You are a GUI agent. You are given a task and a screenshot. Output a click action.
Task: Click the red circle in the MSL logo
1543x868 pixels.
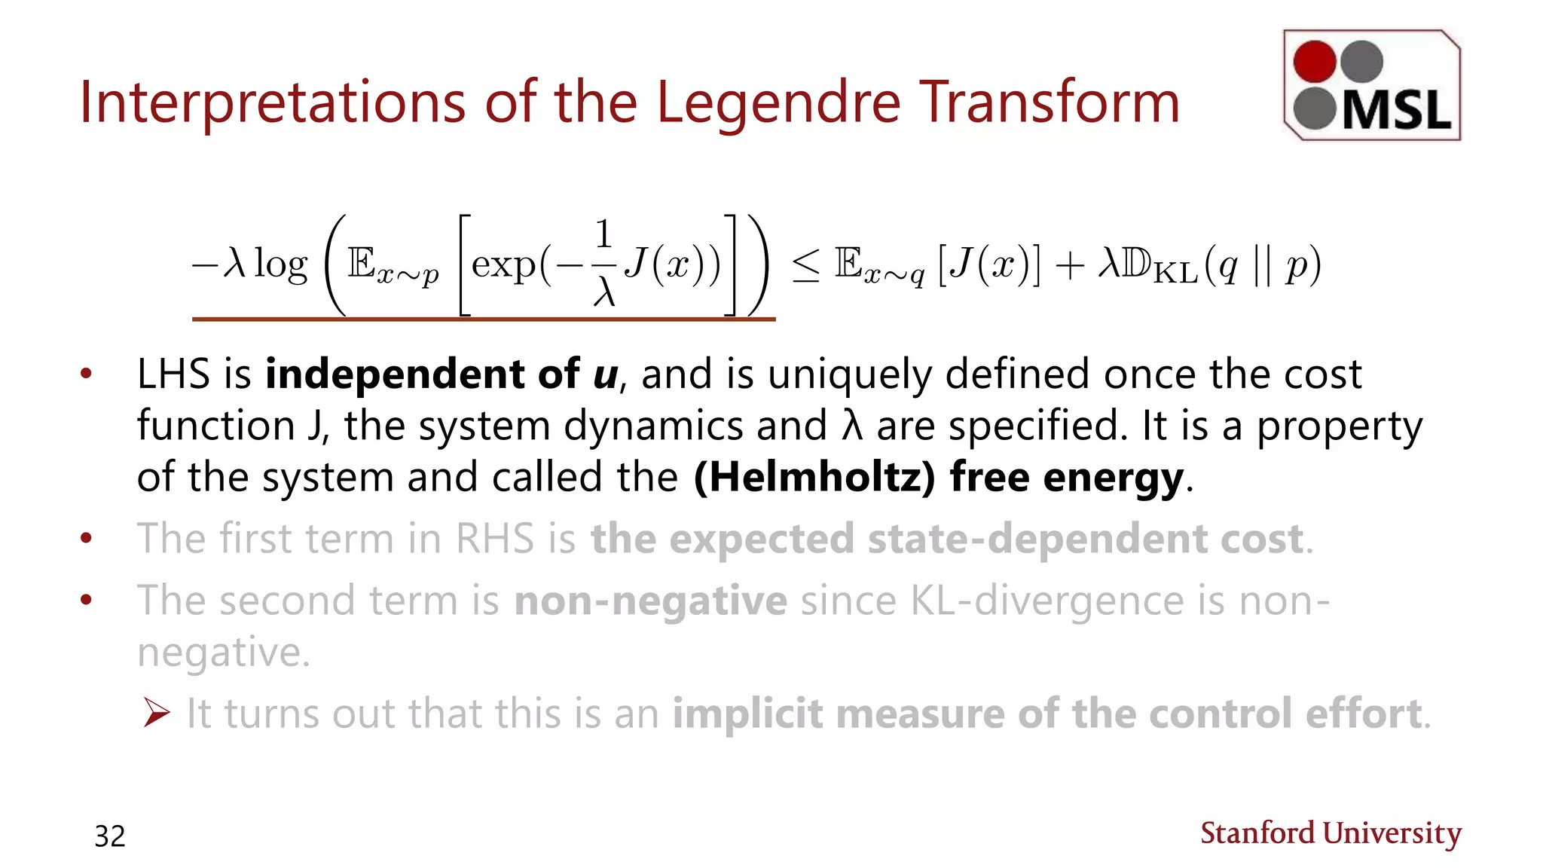1315,61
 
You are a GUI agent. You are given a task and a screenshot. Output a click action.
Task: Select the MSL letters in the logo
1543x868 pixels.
1396,112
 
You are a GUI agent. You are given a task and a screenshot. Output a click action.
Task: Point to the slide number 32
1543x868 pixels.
110,836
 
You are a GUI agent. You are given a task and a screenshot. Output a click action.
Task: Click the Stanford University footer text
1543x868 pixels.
1331,833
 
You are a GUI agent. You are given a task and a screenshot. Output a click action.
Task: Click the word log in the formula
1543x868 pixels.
280,265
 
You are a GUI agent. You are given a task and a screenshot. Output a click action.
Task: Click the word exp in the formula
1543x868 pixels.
503,265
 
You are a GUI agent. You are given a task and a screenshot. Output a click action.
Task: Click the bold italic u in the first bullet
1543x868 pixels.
605,374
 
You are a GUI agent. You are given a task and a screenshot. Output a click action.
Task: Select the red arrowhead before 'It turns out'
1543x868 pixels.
157,712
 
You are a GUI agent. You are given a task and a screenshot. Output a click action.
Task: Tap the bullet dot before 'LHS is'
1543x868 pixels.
86,374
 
